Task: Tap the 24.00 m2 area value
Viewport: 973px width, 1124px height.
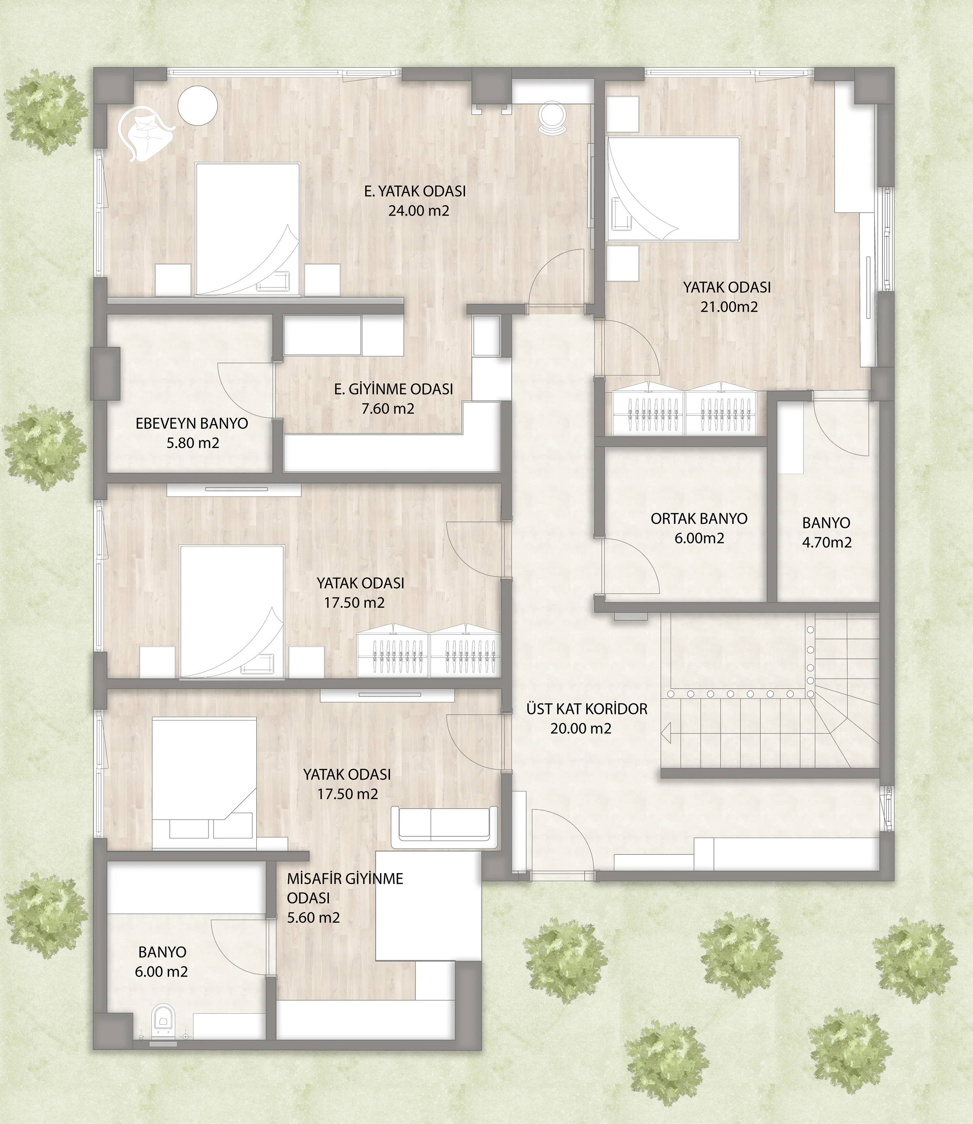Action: click(419, 211)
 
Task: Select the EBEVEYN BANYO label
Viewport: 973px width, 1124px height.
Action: click(192, 424)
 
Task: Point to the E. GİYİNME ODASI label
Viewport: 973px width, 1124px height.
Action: click(393, 389)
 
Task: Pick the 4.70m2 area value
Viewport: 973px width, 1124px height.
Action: click(826, 542)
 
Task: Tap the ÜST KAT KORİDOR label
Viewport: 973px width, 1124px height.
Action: click(587, 709)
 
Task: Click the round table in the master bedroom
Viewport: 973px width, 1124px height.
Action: click(198, 106)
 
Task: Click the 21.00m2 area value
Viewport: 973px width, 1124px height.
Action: click(729, 307)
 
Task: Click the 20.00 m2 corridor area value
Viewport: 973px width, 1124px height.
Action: click(581, 729)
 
